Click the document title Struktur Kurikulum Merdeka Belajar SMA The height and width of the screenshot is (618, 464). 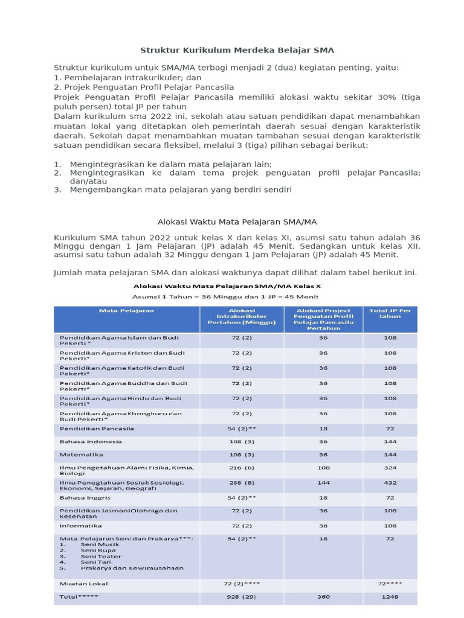tap(237, 50)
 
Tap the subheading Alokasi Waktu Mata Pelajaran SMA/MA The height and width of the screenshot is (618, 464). tap(237, 221)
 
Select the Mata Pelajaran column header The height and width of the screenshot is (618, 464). tap(127, 311)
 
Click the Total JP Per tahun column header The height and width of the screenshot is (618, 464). tap(390, 314)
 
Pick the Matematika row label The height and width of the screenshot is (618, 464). tap(82, 454)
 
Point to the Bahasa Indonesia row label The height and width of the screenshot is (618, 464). tap(91, 441)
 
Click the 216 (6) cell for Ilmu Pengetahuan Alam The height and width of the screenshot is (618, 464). tap(242, 468)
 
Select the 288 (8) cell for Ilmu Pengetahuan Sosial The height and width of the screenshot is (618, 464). tap(242, 483)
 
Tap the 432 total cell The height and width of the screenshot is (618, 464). tap(390, 483)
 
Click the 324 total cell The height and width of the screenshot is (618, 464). tap(390, 468)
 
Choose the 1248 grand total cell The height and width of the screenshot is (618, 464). tap(390, 596)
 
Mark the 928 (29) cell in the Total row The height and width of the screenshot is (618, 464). tap(242, 596)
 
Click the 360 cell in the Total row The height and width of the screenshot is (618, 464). tap(323, 596)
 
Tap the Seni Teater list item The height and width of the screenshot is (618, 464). tap(100, 556)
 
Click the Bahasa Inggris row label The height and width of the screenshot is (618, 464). tap(83, 498)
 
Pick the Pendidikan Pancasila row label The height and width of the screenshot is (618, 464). tap(97, 428)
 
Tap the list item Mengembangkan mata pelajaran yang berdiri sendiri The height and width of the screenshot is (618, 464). tap(181, 190)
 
